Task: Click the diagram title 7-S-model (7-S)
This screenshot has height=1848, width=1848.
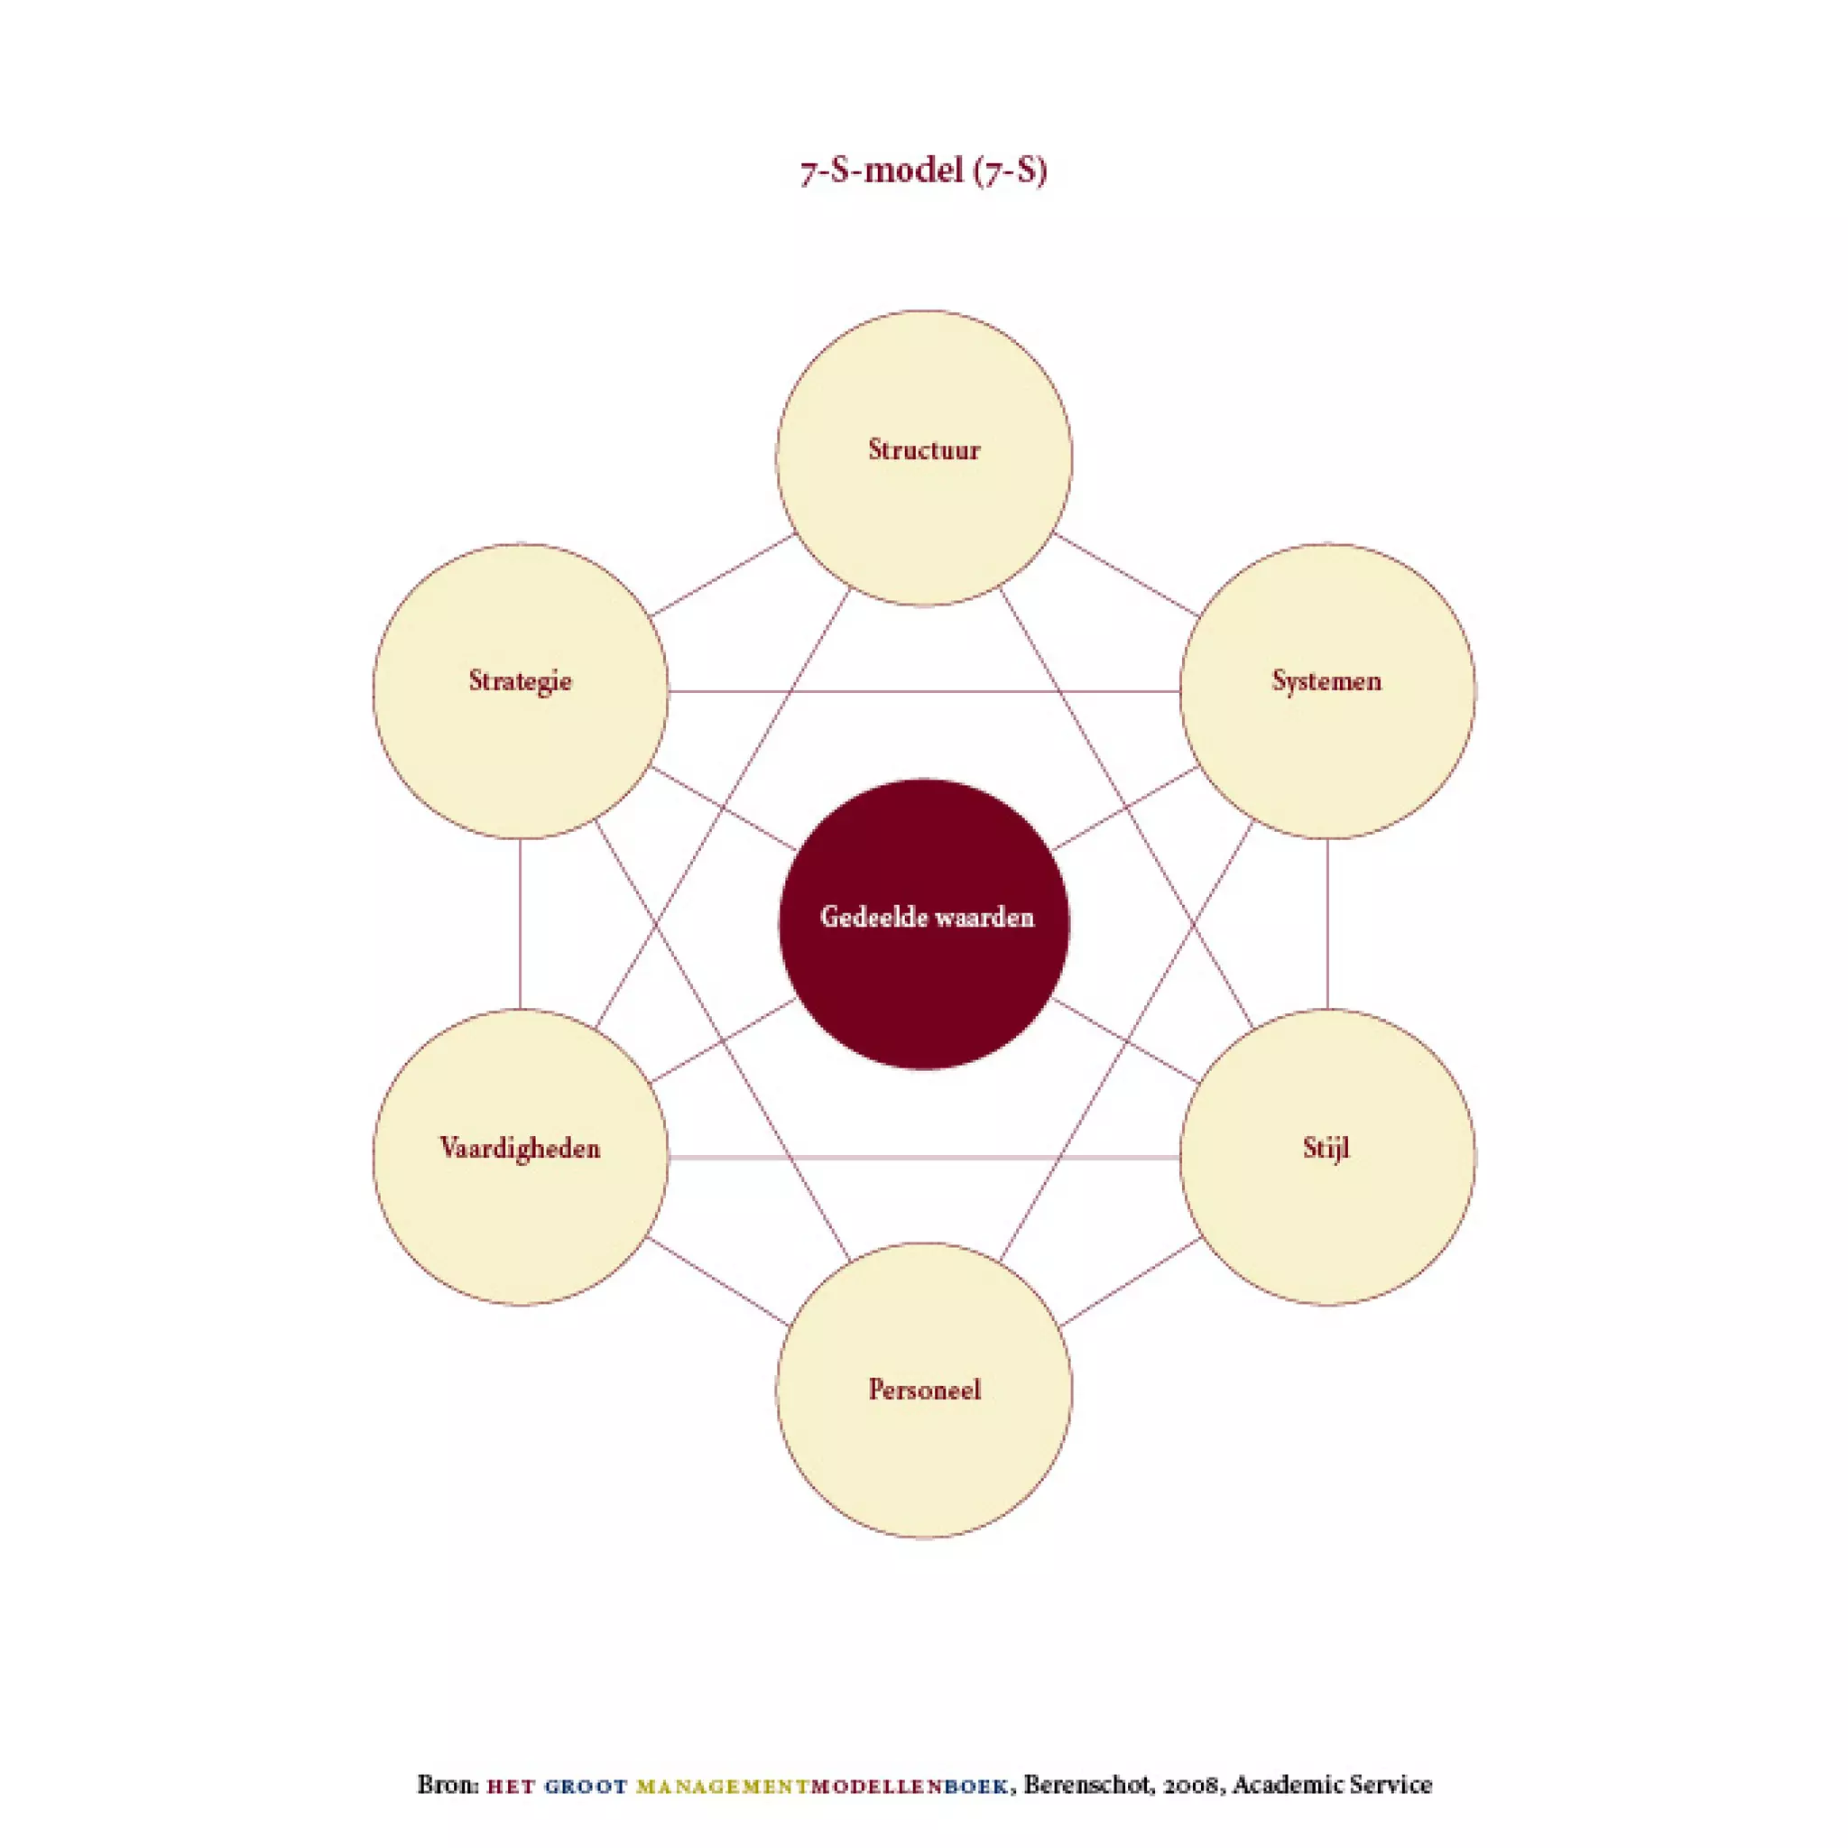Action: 923,172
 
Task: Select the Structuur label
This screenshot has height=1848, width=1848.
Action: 924,449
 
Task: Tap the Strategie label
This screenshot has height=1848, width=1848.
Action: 521,681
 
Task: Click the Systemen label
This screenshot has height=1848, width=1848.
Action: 1326,681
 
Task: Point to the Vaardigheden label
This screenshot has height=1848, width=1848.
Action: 521,1148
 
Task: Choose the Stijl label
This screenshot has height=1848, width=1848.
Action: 1326,1148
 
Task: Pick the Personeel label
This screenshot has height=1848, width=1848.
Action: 924,1389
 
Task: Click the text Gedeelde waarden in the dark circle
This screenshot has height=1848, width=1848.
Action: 927,918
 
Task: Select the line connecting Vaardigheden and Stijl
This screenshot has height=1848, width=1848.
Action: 924,1158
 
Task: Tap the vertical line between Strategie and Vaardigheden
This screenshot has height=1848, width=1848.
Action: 521,924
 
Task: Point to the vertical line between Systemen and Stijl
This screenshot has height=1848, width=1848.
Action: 1327,924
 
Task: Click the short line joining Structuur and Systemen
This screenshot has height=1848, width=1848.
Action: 1126,574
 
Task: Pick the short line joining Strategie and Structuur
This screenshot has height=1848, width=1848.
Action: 722,575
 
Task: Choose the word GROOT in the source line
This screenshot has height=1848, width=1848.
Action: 586,1786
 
